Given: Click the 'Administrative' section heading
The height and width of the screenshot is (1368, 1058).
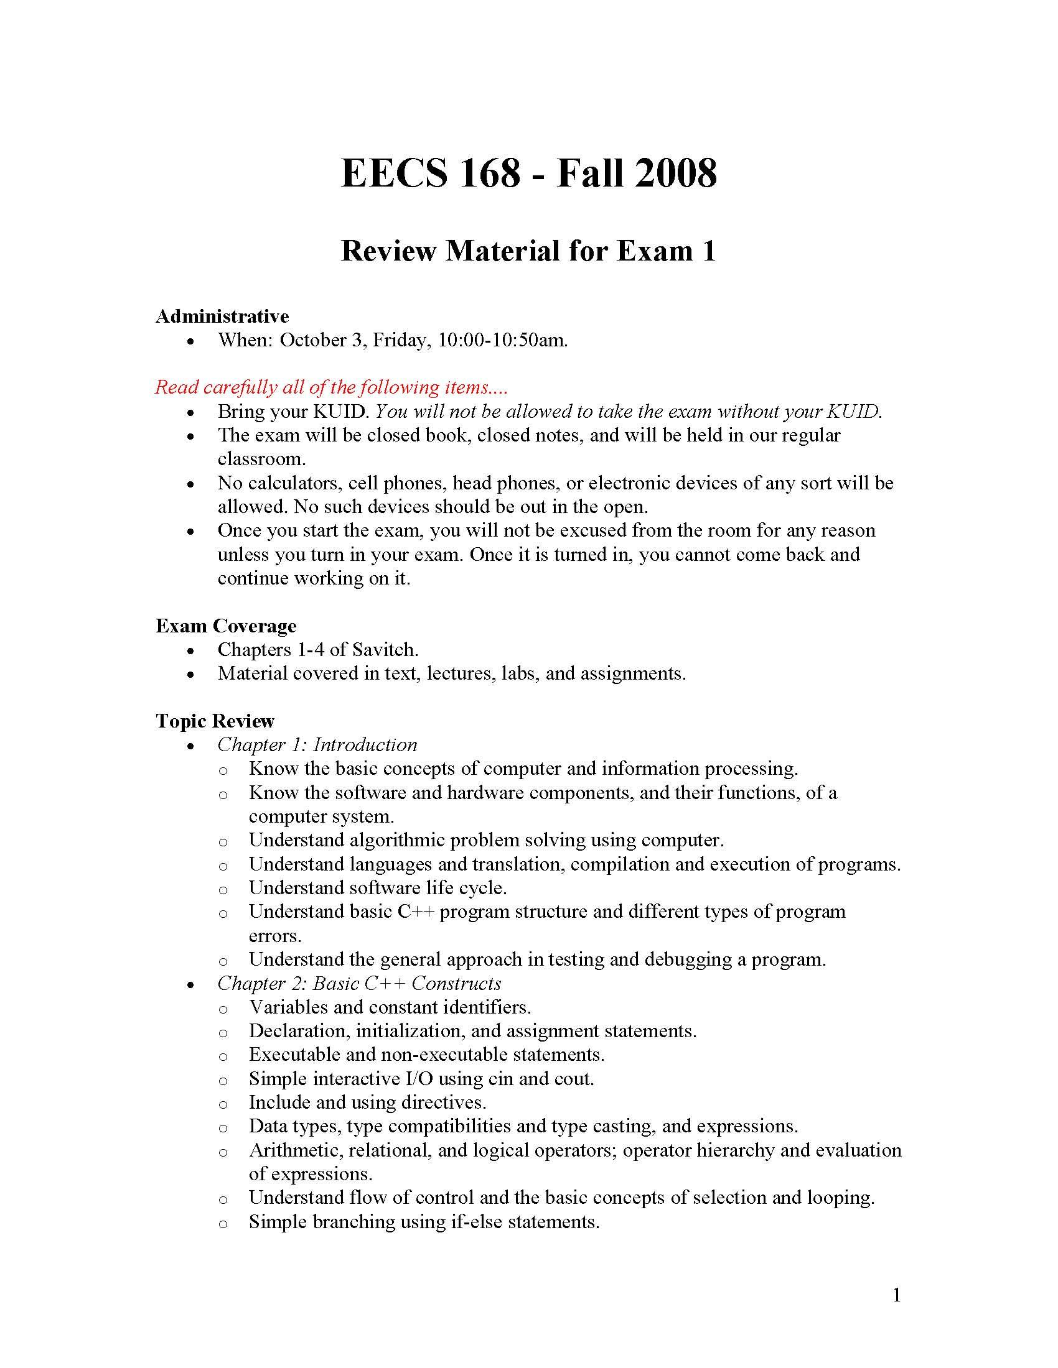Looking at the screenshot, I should pyautogui.click(x=222, y=317).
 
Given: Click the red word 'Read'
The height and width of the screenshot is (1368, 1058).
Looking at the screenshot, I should pyautogui.click(x=177, y=387).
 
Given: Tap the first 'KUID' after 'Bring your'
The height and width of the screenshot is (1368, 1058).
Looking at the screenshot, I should pyautogui.click(x=344, y=412).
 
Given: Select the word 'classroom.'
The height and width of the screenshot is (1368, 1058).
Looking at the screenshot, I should pyautogui.click(x=261, y=459).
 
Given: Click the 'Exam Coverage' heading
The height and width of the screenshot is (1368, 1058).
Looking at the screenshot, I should pyautogui.click(x=226, y=626).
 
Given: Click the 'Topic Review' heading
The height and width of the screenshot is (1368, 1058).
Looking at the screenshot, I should pyautogui.click(x=215, y=721).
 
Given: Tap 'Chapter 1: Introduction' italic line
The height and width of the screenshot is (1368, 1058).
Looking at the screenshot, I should pyautogui.click(x=317, y=745).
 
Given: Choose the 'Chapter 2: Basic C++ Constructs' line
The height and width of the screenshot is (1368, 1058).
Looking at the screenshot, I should pyautogui.click(x=359, y=984).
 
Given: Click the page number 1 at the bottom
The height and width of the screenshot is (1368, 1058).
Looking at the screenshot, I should pyautogui.click(x=896, y=1295).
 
